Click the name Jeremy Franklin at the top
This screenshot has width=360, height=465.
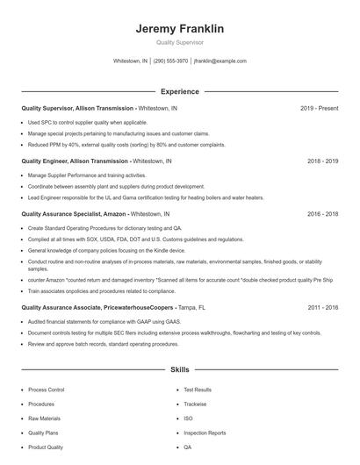click(x=180, y=29)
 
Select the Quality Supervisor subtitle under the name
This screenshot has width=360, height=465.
click(x=180, y=43)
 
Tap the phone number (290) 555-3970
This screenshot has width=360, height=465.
click(x=170, y=61)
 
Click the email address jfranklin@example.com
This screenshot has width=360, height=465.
click(x=220, y=61)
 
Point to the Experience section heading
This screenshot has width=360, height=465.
click(x=180, y=91)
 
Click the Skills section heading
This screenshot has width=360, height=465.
click(x=180, y=370)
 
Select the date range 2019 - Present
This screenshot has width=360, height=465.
click(x=319, y=109)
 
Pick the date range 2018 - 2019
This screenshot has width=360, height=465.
click(x=322, y=161)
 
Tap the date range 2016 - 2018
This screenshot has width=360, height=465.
click(x=322, y=213)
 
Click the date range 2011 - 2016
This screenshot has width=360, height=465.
click(x=322, y=308)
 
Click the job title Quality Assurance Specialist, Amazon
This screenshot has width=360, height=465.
click(x=75, y=213)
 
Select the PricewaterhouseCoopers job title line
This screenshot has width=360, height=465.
click(x=97, y=308)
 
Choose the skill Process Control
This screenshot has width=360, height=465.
click(x=47, y=390)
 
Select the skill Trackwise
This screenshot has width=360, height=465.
click(x=195, y=404)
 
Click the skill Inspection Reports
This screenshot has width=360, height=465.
click(x=205, y=433)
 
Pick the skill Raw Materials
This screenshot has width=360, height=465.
click(x=45, y=418)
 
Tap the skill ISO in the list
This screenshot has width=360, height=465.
click(x=188, y=418)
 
